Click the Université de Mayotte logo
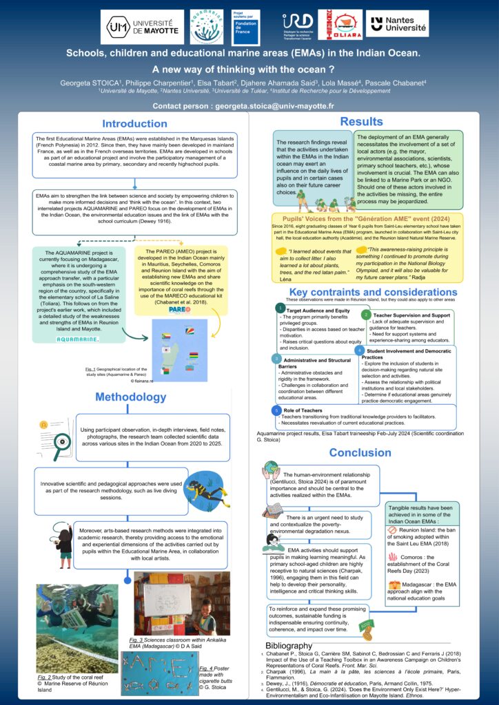coord(142,27)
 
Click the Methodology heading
coord(130,397)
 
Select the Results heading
coord(361,122)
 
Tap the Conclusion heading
coord(360,452)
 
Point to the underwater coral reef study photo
coord(77,628)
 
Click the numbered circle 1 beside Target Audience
coord(279,308)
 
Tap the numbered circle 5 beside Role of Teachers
coord(277,410)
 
